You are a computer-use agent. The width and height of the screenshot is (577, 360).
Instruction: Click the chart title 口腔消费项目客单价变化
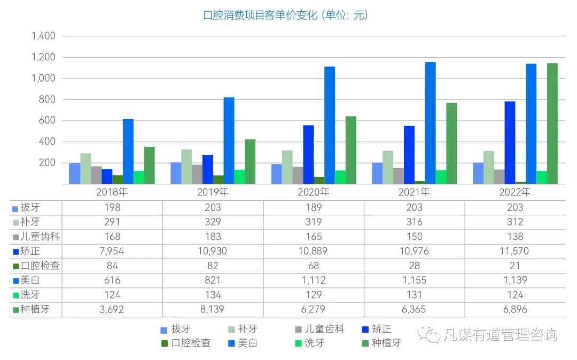coord(285,15)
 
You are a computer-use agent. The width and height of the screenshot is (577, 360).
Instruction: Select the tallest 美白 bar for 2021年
coord(430,123)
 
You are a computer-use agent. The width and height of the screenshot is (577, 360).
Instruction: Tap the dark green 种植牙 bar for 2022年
coord(552,124)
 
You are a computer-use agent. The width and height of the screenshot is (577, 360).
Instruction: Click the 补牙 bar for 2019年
coord(186,167)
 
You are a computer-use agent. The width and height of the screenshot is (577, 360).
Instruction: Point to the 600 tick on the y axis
coord(47,121)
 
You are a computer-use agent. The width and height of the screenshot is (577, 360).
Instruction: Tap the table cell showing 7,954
coord(112,251)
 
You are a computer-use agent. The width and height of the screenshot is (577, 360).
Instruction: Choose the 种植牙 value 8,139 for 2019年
coord(213,309)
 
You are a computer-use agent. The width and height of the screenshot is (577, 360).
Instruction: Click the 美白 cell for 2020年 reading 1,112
coord(314,280)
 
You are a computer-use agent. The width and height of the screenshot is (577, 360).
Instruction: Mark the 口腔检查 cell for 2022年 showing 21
coord(515,265)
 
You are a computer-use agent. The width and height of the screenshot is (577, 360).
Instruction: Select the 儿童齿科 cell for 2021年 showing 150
coord(414,237)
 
